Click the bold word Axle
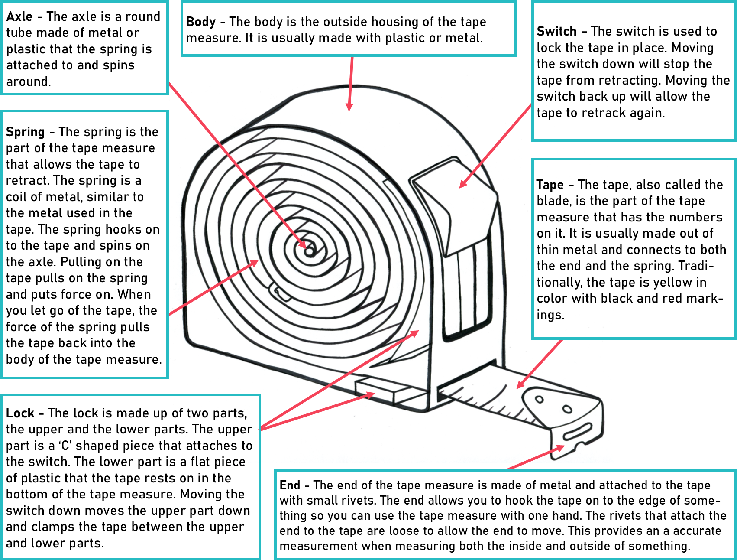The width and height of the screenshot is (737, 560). [x=19, y=16]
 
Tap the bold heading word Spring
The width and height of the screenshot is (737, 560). [x=26, y=132]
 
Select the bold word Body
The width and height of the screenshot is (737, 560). [x=201, y=22]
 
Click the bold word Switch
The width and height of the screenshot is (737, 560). [x=556, y=31]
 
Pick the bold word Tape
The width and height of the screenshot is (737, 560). [x=550, y=185]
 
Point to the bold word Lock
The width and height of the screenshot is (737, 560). [x=20, y=413]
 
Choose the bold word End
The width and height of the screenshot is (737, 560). [x=290, y=485]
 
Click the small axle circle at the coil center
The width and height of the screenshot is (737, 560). [x=310, y=251]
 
